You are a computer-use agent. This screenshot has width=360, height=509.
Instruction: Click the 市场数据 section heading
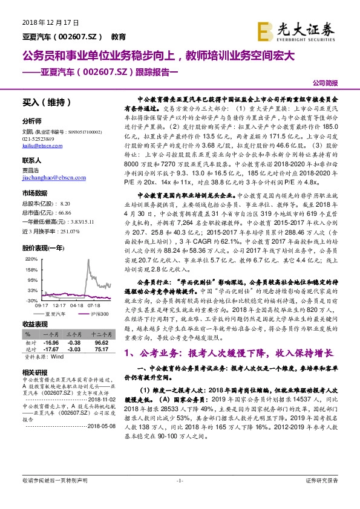coord(34,193)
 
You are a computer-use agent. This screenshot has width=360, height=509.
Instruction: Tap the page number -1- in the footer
coord(180,497)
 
